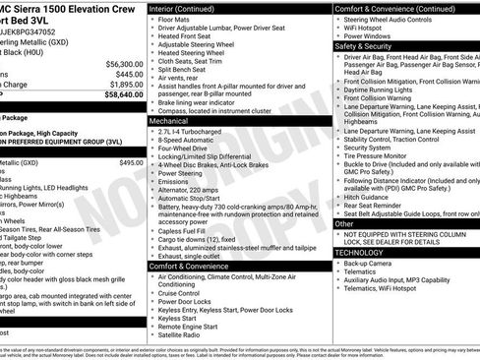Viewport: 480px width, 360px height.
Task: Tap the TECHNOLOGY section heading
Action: (x=361, y=252)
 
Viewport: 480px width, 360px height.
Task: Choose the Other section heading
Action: (x=344, y=223)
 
